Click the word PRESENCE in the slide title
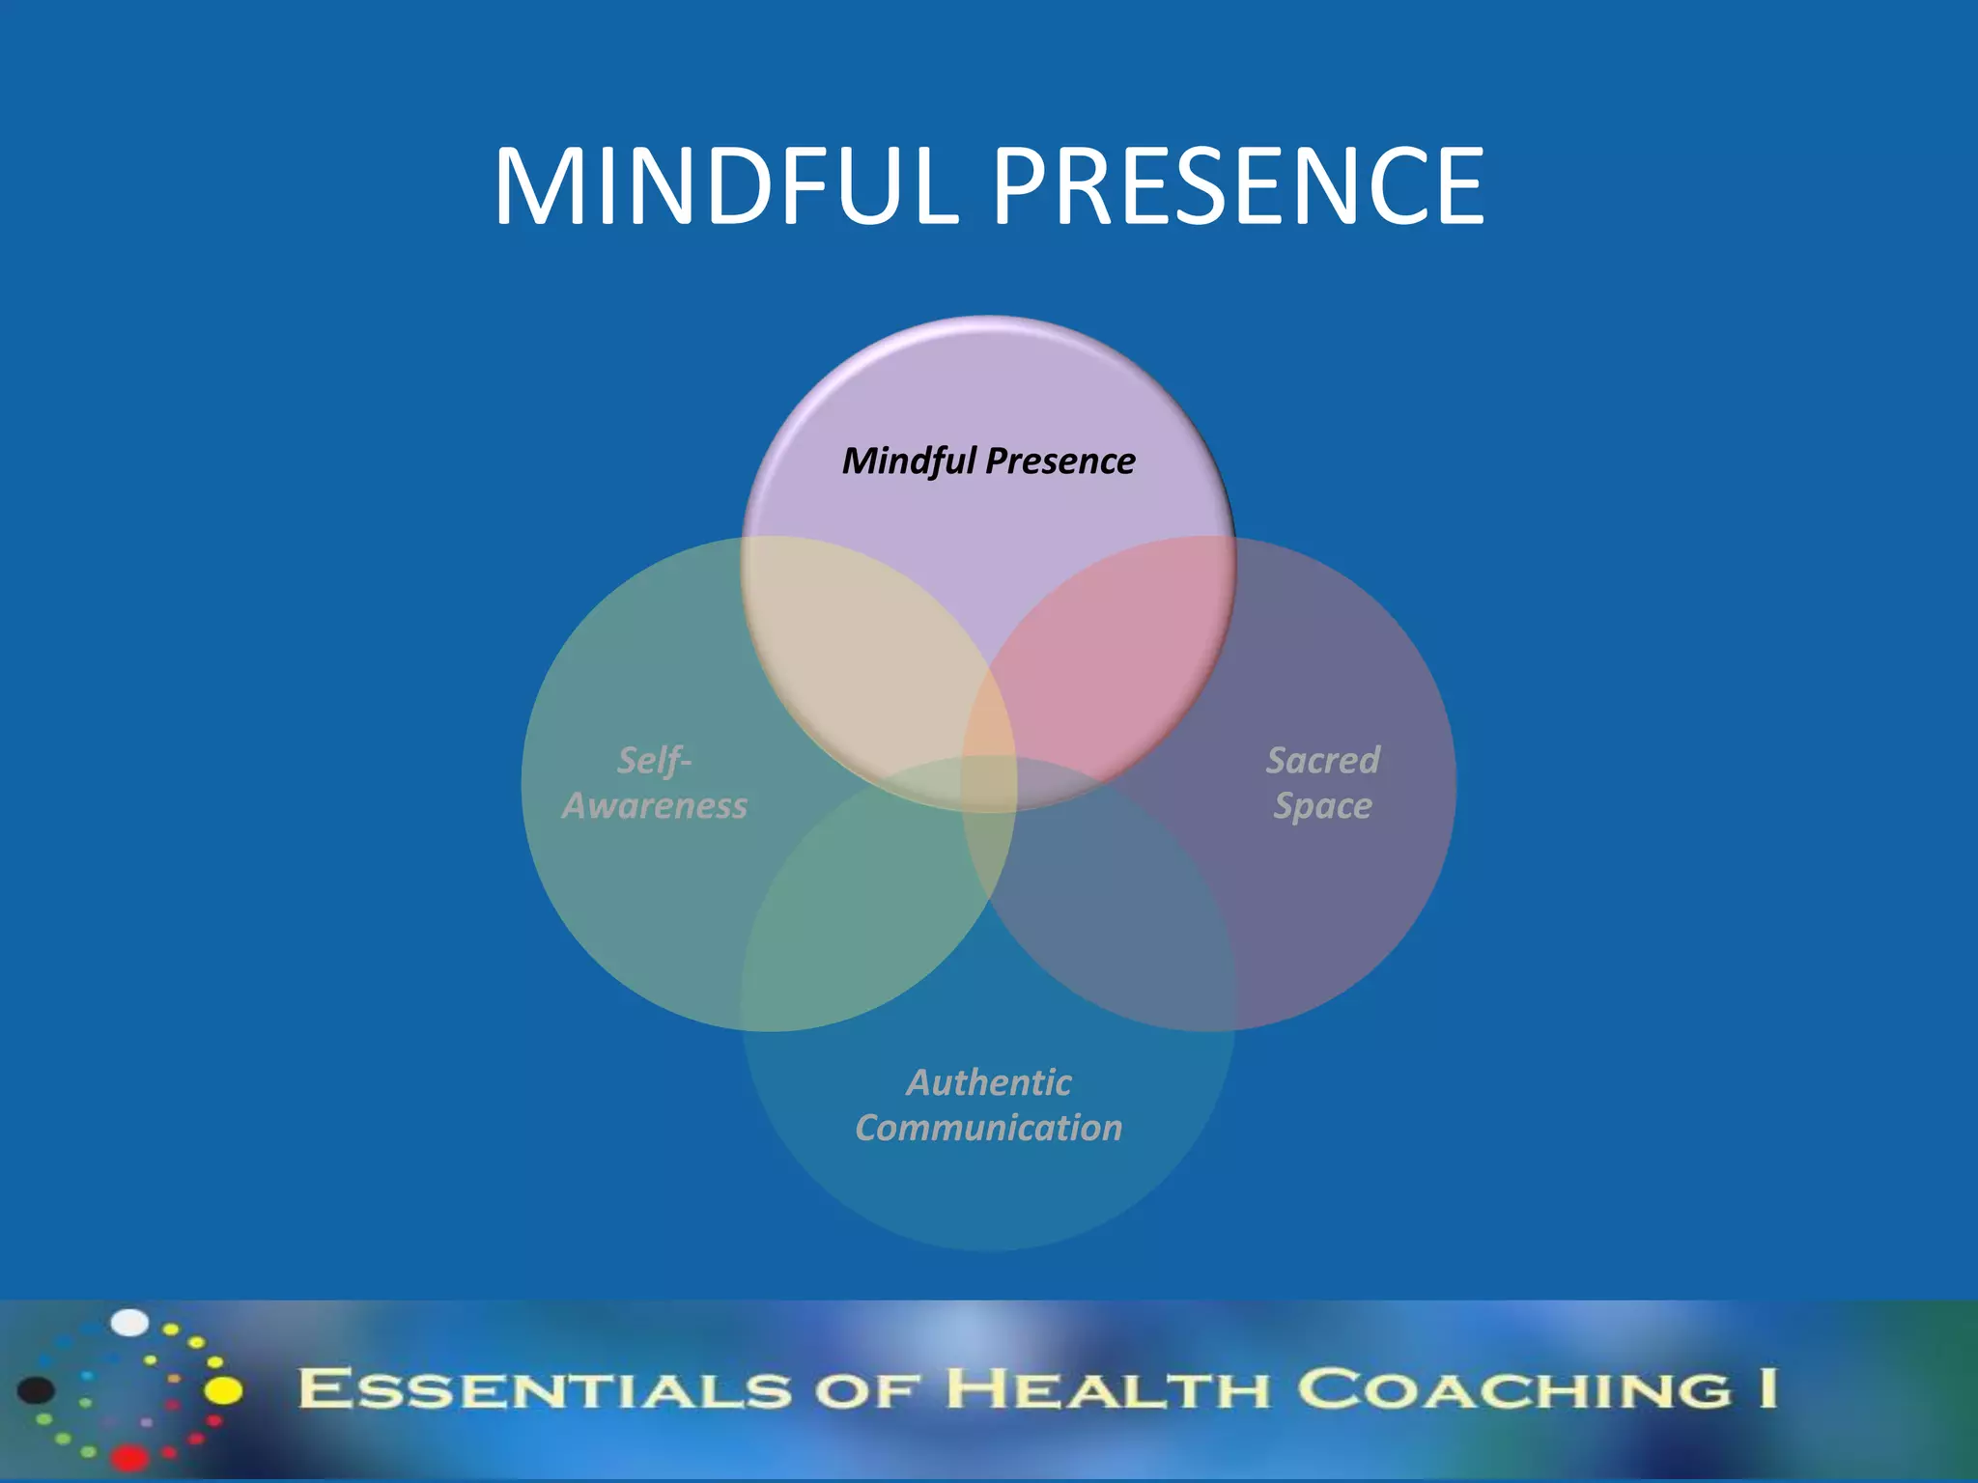1238,186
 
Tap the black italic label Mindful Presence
988,461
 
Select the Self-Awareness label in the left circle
655,783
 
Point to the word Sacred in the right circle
1322,760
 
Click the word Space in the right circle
1322,805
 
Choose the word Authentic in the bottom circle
988,1082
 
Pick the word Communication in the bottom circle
988,1128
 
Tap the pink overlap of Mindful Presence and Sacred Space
1111,657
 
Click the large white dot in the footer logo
129,1323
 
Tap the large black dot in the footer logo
37,1390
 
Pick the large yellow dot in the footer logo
224,1390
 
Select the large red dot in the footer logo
129,1456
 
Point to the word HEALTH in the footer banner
1106,1390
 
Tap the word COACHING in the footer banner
1513,1390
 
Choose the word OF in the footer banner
868,1390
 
